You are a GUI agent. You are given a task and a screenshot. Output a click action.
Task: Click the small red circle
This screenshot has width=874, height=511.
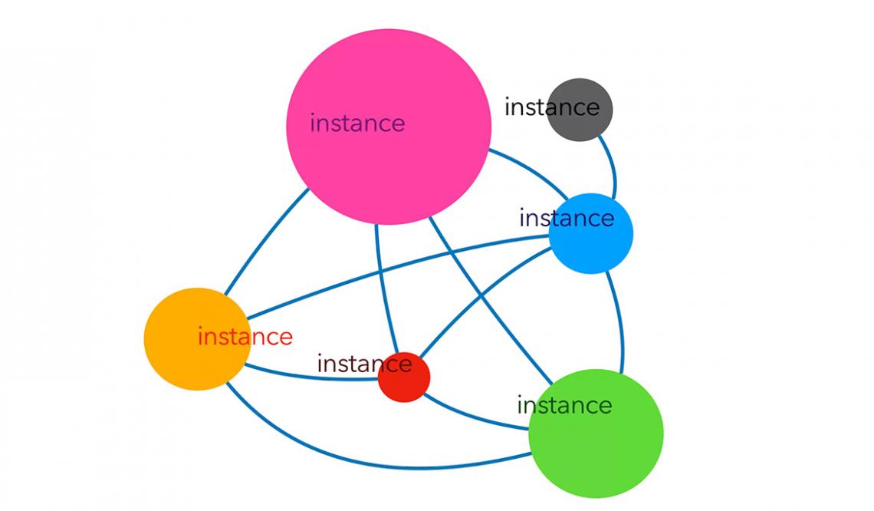point(404,383)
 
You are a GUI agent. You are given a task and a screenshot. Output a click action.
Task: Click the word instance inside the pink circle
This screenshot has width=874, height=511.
point(357,123)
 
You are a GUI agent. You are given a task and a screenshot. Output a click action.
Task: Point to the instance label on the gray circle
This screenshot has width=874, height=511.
point(551,107)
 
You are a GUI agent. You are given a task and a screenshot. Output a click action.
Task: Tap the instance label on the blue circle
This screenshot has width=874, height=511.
point(567,219)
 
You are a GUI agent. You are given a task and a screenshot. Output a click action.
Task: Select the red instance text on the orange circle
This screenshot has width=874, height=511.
point(245,337)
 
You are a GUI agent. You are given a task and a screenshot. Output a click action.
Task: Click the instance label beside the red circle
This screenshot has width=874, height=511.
point(364,363)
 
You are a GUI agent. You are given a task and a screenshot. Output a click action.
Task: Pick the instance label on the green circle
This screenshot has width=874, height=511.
point(564,405)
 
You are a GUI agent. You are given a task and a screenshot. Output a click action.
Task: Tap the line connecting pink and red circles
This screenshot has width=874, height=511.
point(383,284)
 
